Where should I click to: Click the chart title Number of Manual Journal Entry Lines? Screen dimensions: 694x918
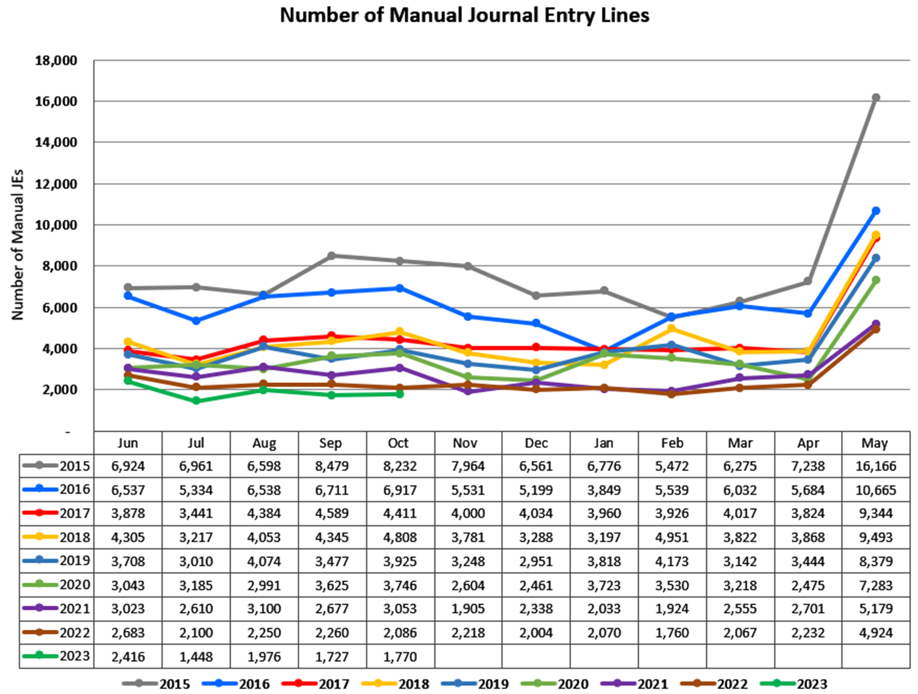464,15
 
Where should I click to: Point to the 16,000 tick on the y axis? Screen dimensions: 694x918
57,102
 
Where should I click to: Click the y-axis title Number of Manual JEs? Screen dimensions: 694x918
18,244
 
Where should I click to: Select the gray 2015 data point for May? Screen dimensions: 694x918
876,98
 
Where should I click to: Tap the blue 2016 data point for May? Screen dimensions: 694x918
876,211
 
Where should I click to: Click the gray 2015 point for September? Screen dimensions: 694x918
331,256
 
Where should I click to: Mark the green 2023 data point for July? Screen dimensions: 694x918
196,401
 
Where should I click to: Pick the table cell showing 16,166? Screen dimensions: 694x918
876,466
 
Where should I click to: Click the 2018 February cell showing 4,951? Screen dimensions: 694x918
672,538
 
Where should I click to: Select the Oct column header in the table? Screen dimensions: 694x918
398,444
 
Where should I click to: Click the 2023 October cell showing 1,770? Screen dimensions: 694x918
400,657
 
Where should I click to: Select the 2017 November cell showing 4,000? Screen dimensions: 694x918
468,514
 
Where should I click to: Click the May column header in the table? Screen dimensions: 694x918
875,444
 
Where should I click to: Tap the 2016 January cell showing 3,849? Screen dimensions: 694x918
604,491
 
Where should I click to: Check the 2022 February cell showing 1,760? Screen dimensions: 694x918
672,633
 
